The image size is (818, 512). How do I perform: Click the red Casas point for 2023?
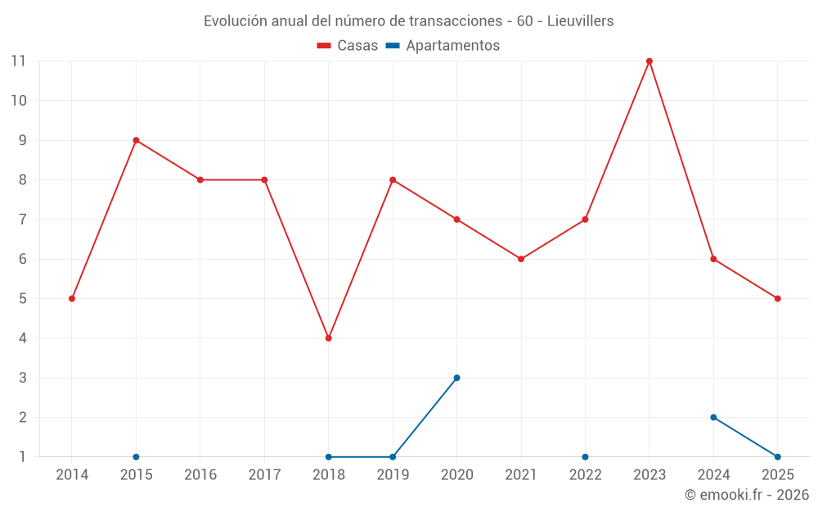click(x=649, y=61)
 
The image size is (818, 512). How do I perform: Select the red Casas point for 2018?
click(x=329, y=338)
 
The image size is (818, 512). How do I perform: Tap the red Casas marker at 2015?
click(x=136, y=140)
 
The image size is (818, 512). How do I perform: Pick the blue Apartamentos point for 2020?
click(x=456, y=378)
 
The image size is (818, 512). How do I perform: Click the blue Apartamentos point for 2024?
click(x=713, y=417)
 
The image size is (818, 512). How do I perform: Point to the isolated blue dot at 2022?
click(x=585, y=457)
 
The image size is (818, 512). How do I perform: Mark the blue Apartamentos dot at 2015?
click(x=136, y=457)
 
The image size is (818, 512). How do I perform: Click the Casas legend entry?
click(x=348, y=46)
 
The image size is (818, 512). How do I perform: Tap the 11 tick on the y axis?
click(x=18, y=61)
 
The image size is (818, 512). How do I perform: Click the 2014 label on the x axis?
click(x=72, y=475)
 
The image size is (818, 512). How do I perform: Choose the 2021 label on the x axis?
click(x=521, y=475)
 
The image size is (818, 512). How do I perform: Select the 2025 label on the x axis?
click(x=777, y=475)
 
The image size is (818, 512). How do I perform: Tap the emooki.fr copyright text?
click(x=747, y=495)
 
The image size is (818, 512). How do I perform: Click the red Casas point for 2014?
click(x=72, y=298)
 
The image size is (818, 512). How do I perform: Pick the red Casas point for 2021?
click(x=521, y=259)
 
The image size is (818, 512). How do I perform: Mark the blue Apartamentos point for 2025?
click(x=777, y=457)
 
